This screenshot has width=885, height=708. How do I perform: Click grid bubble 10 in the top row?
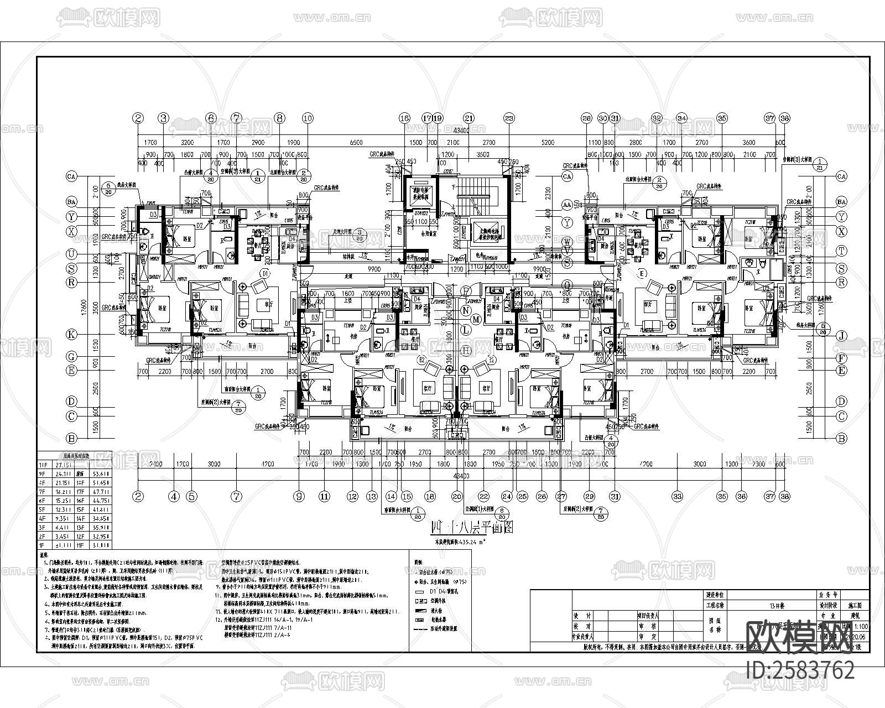[x=308, y=118]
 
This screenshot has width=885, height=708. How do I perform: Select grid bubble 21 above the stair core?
[x=469, y=118]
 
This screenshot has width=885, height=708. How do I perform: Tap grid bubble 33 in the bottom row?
[x=676, y=497]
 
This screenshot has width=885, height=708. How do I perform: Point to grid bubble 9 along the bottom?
[x=299, y=497]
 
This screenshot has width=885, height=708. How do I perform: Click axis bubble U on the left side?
[x=71, y=254]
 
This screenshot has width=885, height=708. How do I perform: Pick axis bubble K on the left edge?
[x=71, y=334]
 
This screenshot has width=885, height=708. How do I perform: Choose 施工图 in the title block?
[x=858, y=606]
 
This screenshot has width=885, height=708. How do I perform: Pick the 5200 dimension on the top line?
[x=548, y=143]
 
